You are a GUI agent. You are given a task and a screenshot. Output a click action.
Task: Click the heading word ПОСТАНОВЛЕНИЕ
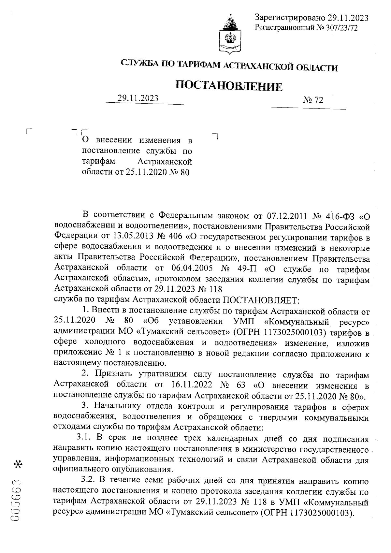[229, 86]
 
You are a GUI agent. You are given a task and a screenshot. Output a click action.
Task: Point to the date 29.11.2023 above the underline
[138, 98]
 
